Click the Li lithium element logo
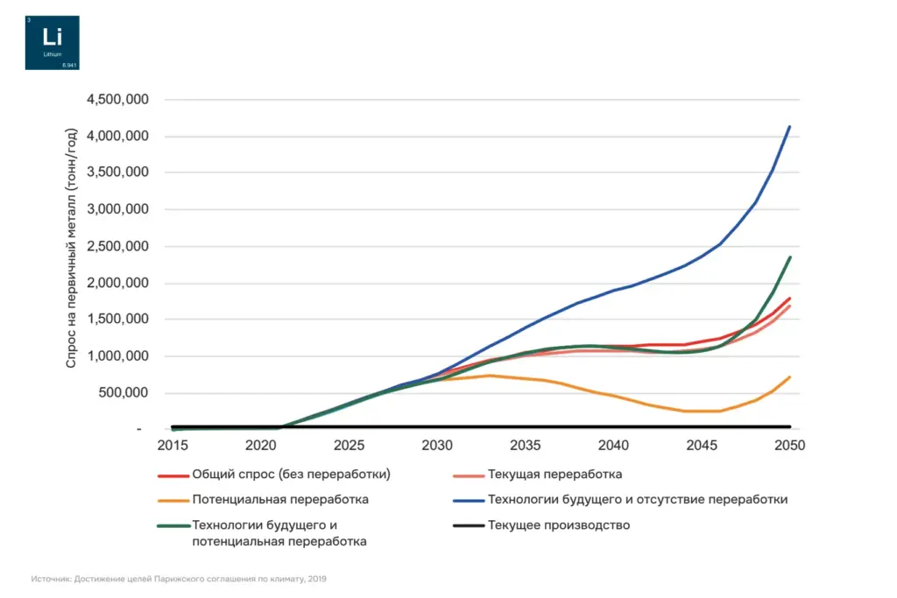[52, 43]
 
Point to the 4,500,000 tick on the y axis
[117, 100]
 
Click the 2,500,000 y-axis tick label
[117, 247]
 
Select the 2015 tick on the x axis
[173, 445]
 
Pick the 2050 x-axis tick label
[789, 445]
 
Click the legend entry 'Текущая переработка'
[554, 475]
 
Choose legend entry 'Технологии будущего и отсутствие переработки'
[637, 500]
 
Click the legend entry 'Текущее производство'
[558, 525]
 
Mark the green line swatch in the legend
[173, 526]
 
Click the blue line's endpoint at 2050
[789, 127]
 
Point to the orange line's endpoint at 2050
[789, 377]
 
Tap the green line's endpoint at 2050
[789, 257]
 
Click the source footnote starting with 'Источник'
[179, 579]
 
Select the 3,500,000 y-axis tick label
[117, 173]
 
